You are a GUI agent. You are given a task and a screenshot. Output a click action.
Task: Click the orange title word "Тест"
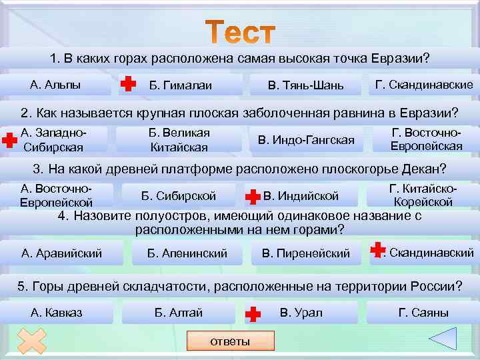pos(240,32)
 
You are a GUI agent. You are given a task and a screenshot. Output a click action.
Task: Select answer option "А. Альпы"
pos(55,85)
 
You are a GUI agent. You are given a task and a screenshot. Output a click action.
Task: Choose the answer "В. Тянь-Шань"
pos(305,85)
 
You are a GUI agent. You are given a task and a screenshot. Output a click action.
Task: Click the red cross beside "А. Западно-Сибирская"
pos(9,140)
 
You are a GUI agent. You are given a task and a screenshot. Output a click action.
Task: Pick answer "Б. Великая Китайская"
pos(178,140)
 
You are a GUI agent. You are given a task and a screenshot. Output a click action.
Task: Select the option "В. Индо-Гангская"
pos(305,140)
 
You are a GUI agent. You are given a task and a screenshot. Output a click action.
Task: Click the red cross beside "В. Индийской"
pos(253,196)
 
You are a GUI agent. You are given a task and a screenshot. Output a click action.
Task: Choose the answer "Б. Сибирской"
pos(178,196)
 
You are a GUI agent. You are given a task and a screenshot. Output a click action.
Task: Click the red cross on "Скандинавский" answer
pos(377,251)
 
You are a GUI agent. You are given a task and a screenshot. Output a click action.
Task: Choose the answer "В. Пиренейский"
pos(305,253)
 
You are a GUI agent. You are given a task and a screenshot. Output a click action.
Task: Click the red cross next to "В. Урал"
pos(253,313)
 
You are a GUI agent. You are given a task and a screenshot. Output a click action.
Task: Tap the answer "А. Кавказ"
pos(57,313)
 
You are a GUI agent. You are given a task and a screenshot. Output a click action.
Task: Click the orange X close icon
pos(31,341)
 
